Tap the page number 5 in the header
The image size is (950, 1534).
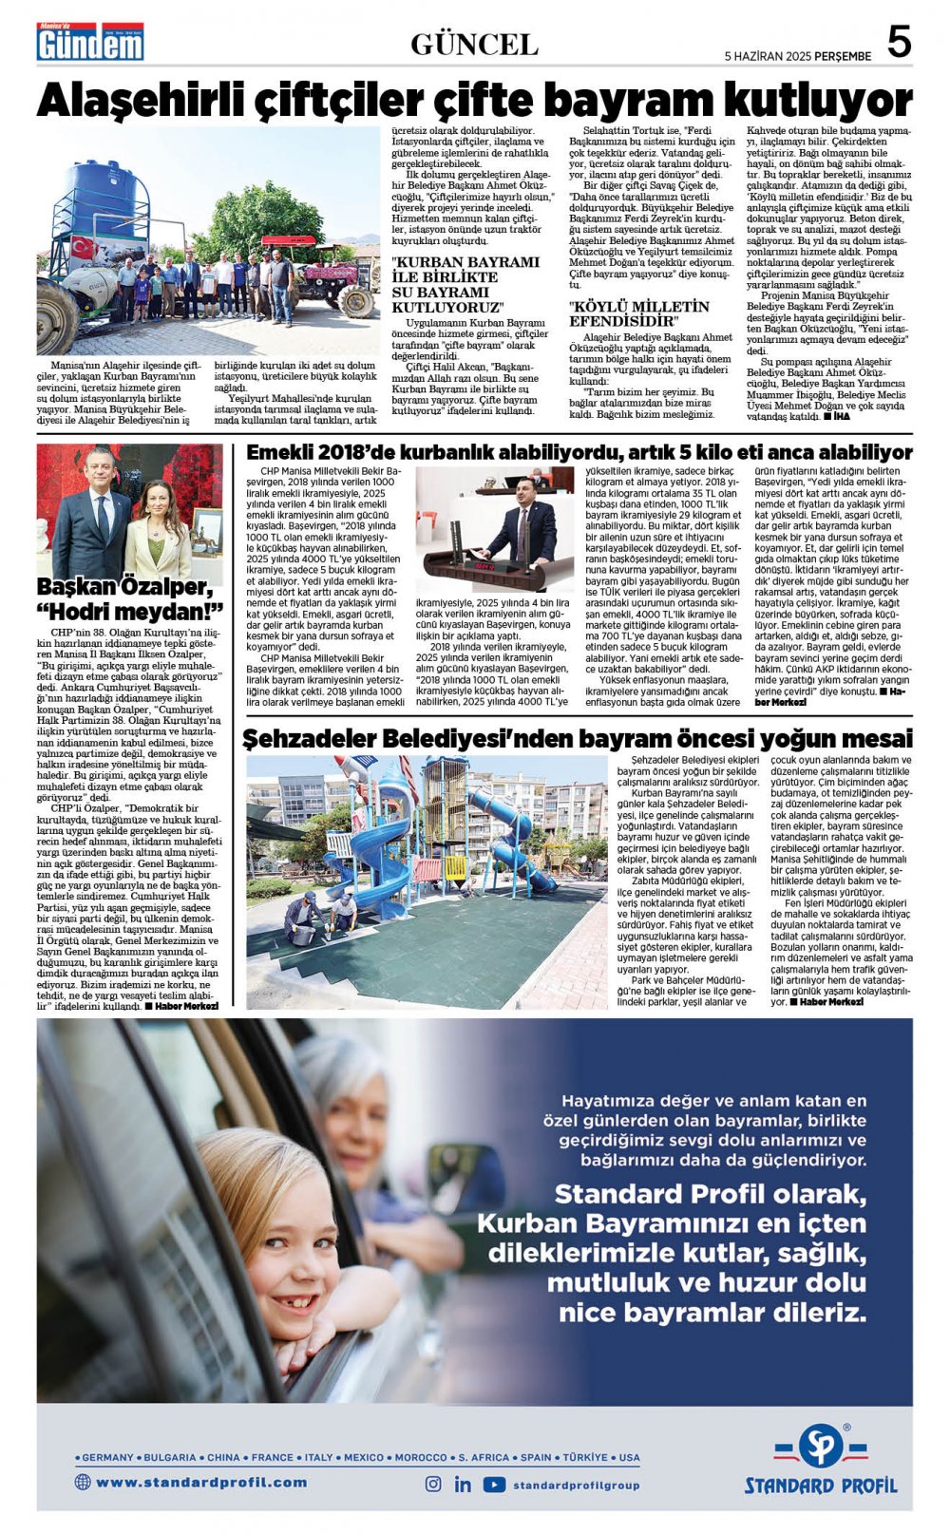coord(899,43)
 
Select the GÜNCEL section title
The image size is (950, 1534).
coord(474,45)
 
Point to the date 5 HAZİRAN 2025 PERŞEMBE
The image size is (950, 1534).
coord(797,56)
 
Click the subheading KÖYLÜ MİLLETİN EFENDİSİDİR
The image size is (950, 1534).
coord(638,313)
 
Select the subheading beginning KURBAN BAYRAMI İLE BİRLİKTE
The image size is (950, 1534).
coord(465,284)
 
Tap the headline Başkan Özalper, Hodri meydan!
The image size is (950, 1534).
coord(130,598)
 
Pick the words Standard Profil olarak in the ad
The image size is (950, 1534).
coord(710,1194)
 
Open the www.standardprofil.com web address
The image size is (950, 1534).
coord(201,1482)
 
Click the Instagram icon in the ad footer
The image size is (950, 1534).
coord(433,1484)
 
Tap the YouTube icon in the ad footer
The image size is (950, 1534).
coord(494,1484)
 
